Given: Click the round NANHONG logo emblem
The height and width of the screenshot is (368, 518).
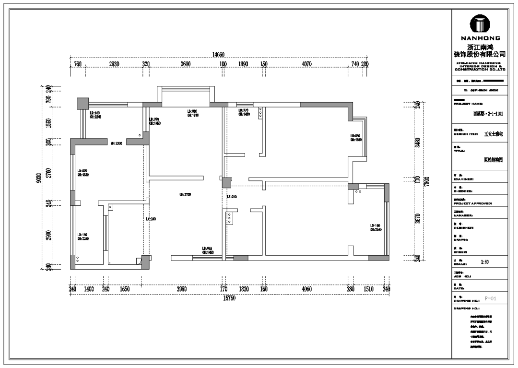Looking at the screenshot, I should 480,23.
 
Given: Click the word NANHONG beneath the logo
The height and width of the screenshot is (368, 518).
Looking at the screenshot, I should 480,38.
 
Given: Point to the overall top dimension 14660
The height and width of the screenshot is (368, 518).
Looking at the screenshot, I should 219,55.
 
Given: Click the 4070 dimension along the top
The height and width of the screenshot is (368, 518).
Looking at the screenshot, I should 306,64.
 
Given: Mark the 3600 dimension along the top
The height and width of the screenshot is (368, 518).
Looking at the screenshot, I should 186,64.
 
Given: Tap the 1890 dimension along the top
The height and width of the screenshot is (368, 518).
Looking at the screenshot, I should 243,64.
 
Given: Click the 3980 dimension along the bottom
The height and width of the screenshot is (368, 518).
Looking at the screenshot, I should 182,289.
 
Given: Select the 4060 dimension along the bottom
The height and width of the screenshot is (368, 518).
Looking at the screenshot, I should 307,289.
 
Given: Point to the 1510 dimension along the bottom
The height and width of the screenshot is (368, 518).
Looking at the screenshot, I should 368,289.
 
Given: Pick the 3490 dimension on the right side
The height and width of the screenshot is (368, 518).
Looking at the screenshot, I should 417,142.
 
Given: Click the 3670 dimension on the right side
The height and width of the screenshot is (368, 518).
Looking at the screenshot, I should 417,219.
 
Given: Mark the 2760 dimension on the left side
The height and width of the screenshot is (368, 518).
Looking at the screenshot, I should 48,172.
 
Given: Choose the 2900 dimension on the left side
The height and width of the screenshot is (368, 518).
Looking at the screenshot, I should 48,235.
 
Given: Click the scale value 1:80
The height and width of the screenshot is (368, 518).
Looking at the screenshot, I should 485,262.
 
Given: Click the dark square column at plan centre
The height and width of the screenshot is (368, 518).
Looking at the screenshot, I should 226,182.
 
